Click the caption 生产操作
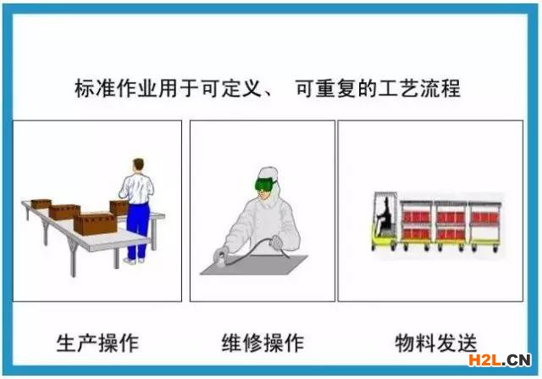[x=97, y=343]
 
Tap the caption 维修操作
[x=263, y=343]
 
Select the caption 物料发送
[x=436, y=343]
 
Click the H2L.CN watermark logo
[x=500, y=360]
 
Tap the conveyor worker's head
[x=138, y=165]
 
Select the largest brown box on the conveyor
[x=95, y=224]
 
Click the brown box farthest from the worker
[x=41, y=203]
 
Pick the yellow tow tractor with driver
[x=385, y=220]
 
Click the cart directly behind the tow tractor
[x=417, y=225]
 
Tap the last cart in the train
[x=484, y=225]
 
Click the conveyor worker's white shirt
[x=137, y=188]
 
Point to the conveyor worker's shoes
[x=134, y=260]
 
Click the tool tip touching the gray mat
[x=220, y=261]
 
